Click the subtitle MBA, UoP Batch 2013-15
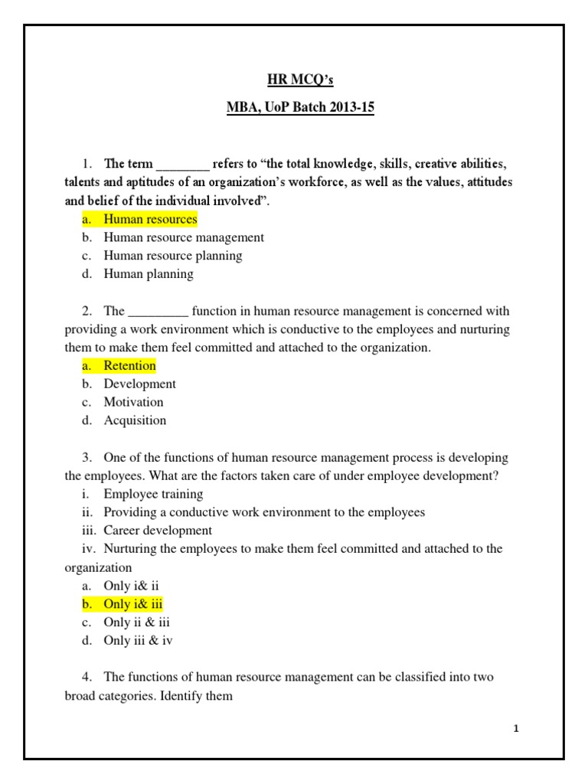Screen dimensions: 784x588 tap(301, 107)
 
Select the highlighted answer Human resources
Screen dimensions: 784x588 tap(150, 219)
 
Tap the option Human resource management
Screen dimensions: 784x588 tap(184, 237)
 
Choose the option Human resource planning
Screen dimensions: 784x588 tap(173, 256)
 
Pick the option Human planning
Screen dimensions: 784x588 tap(149, 274)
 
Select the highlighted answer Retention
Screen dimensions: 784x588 tap(129, 365)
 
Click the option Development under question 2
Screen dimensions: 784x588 tap(140, 384)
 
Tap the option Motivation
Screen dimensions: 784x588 tap(134, 402)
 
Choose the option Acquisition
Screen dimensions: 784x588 tap(135, 420)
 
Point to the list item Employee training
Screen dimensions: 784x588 tap(153, 494)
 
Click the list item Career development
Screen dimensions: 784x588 tap(158, 531)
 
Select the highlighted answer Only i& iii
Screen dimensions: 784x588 tap(133, 604)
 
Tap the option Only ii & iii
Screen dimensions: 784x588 tap(136, 622)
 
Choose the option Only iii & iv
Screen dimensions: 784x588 tap(139, 641)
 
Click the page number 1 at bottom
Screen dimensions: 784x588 tap(517, 728)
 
